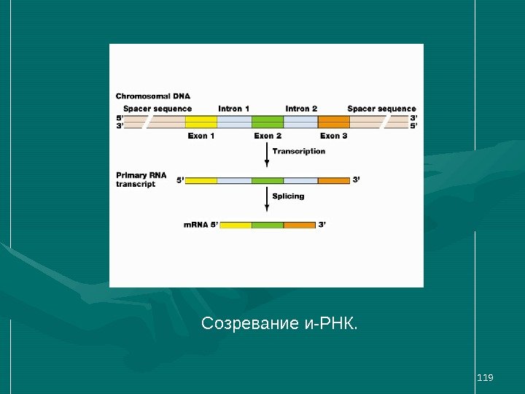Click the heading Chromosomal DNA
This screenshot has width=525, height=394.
coord(153,96)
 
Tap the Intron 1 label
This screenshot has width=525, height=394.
coord(234,109)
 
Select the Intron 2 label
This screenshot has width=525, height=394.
coord(301,109)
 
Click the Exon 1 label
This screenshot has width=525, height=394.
coord(201,136)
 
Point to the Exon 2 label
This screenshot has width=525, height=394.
coord(268,136)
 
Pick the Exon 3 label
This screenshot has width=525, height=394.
coord(334,136)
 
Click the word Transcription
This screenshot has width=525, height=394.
coord(298,152)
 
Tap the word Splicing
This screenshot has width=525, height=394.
coord(288,196)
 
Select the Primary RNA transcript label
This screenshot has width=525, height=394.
coord(141,179)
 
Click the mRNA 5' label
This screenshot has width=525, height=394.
coord(201,225)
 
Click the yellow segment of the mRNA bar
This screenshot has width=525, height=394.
coord(236,225)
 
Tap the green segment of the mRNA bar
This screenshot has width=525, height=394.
coord(268,225)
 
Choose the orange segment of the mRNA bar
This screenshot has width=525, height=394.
coord(300,225)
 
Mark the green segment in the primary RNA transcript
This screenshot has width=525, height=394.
coord(268,180)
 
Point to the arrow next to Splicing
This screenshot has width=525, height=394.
coord(267,199)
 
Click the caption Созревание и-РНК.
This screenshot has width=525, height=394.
coord(280,322)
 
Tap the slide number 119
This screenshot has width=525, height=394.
coord(485,377)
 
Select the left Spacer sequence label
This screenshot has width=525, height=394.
coord(157,109)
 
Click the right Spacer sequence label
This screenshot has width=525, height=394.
coord(381,109)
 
